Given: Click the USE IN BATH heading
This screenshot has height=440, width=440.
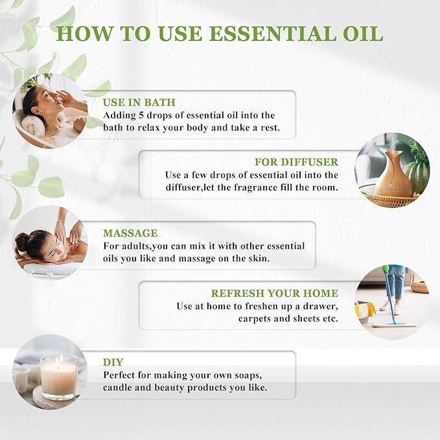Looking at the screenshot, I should point(139,102).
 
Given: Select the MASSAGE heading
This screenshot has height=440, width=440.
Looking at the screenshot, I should point(130,233).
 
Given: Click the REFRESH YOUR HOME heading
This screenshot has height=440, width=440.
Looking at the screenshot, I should point(275,293).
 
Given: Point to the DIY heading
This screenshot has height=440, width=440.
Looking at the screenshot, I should point(113,362).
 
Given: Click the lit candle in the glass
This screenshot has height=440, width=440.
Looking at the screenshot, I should point(59,376).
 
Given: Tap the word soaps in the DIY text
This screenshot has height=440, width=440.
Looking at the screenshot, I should point(244,375).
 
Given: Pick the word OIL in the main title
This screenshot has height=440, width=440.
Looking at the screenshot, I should point(356,34).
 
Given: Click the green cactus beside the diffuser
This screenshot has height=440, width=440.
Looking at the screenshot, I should point(417,175).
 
